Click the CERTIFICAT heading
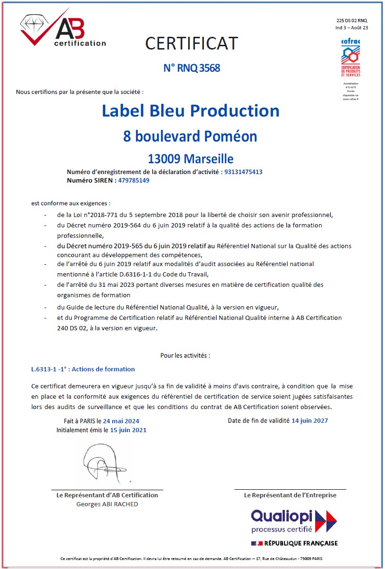coord(192,43)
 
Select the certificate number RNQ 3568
coord(192,68)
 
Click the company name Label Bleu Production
coord(191,111)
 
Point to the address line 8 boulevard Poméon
coord(190,136)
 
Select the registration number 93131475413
coord(243,172)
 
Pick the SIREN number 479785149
coord(134,180)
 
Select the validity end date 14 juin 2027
coord(310,420)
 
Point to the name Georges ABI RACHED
coord(107,504)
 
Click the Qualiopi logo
coord(294,521)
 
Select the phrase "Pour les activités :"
coord(185,355)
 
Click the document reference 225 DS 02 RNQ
coord(352,21)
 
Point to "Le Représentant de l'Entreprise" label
coord(290,495)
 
